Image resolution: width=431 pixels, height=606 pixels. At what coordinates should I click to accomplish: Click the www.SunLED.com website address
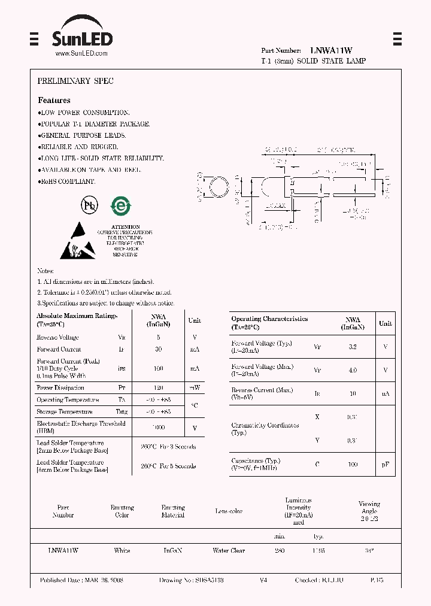tap(81, 53)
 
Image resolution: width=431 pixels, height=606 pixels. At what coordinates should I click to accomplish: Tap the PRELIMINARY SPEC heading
tap(75, 81)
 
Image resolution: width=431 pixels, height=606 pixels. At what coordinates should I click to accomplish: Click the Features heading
tap(54, 100)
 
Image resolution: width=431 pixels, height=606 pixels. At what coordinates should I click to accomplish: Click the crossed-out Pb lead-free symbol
tap(90, 205)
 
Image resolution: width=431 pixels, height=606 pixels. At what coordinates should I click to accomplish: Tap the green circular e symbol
tap(120, 206)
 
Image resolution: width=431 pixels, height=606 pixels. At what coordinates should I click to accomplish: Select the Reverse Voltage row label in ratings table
tap(57, 338)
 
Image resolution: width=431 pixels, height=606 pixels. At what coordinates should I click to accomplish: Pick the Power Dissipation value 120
tap(159, 388)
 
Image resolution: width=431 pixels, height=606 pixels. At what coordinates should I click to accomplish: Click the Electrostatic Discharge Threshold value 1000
tap(159, 428)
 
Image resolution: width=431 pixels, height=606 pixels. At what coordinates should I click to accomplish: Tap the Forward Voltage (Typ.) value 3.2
tap(353, 347)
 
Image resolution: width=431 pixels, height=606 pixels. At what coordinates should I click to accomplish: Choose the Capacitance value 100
tap(353, 465)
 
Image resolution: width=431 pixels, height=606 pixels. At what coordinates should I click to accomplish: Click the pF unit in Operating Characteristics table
tap(386, 465)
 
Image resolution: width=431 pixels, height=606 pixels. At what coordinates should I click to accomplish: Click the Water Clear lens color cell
tap(229, 550)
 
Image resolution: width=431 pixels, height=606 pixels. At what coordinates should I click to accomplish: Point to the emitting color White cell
tap(122, 550)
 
